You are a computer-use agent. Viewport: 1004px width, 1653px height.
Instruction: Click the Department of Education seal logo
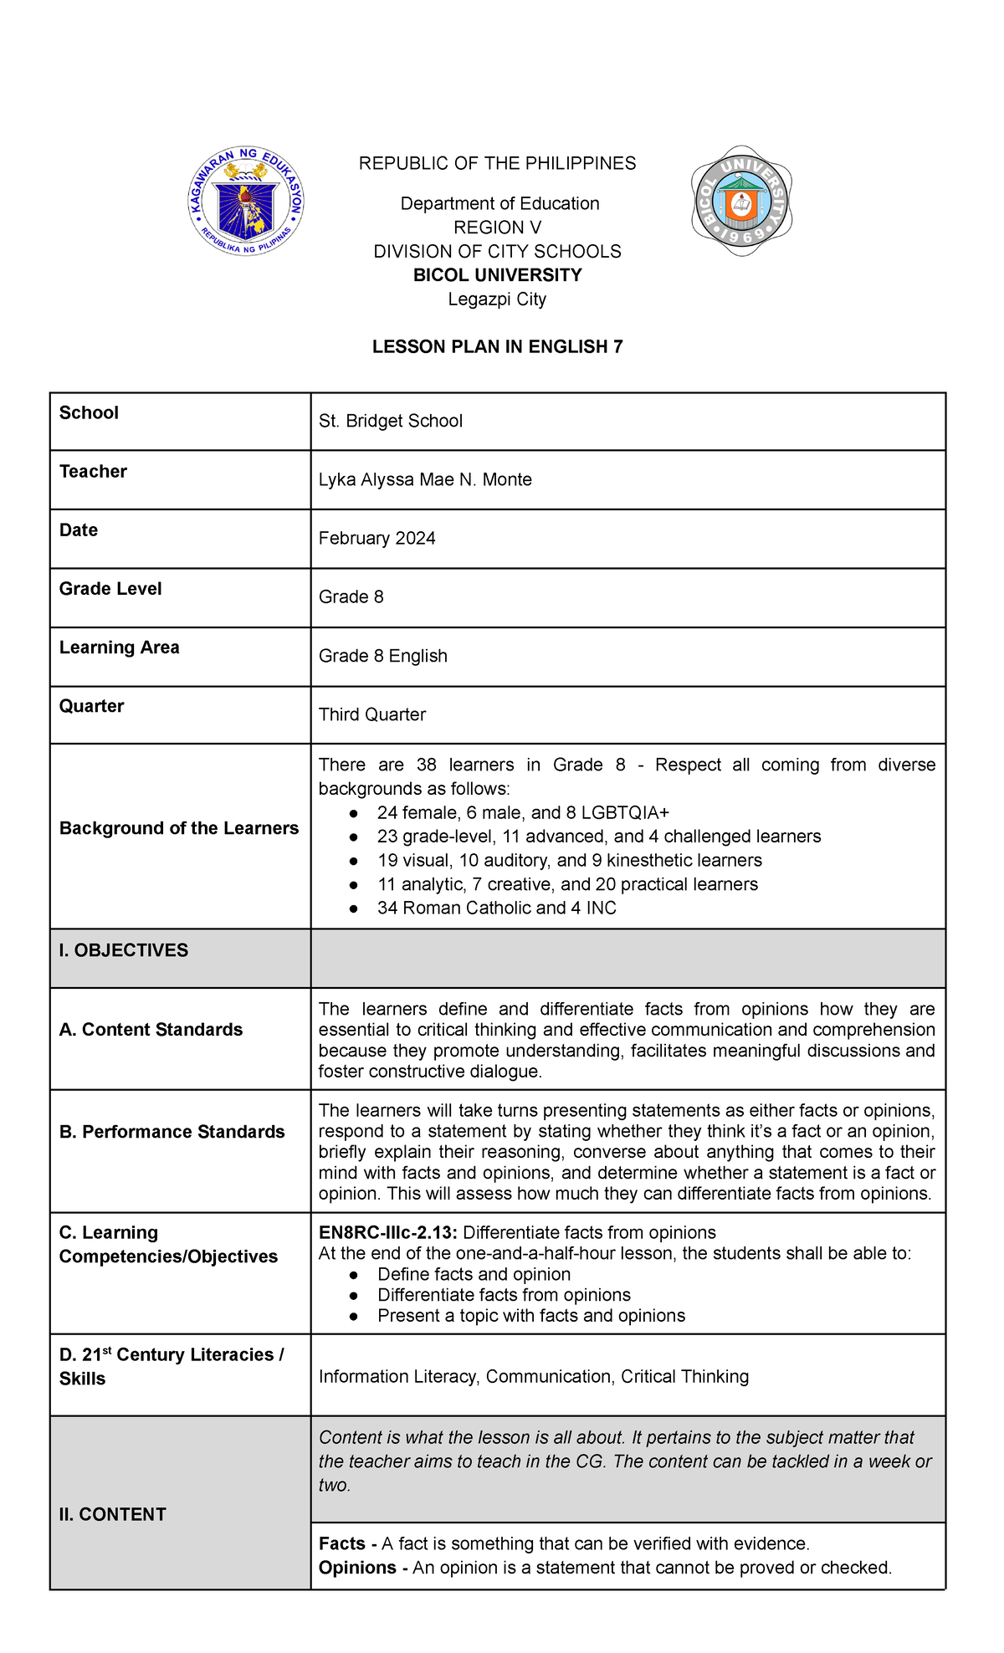pos(246,201)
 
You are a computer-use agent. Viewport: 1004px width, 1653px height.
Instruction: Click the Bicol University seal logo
pos(741,201)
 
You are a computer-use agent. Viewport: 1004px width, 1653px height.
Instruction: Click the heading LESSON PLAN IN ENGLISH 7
pos(497,346)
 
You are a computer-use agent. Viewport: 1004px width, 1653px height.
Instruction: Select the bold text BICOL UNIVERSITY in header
pos(497,275)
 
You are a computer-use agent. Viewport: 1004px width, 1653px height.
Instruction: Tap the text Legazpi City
pos(497,299)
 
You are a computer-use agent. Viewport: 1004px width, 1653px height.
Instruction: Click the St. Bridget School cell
pos(391,421)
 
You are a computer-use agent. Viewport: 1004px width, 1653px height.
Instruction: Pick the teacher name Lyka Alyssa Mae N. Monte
pos(425,479)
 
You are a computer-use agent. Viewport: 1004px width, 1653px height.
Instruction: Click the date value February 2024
pos(376,538)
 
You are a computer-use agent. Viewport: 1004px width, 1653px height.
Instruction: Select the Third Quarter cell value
pos(372,714)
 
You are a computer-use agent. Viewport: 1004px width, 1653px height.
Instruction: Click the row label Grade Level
pos(110,589)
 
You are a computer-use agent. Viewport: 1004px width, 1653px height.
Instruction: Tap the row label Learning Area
pos(119,647)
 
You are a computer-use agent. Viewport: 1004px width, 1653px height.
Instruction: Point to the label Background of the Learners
pos(179,828)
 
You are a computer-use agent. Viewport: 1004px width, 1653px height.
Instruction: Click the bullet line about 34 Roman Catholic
pos(496,908)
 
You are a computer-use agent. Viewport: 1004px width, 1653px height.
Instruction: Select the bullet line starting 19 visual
pos(569,860)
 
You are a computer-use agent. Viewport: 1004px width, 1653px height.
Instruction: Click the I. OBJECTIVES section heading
pos(124,950)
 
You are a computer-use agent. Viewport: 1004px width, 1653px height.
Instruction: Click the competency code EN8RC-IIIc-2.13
pos(388,1232)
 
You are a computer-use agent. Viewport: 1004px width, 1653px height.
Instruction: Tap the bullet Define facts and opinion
pos(474,1274)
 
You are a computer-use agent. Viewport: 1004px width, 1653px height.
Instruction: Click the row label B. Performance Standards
pos(172,1132)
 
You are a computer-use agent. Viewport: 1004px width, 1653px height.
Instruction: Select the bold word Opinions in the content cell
pos(357,1567)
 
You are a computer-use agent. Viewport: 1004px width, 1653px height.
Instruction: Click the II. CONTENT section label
pos(112,1514)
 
